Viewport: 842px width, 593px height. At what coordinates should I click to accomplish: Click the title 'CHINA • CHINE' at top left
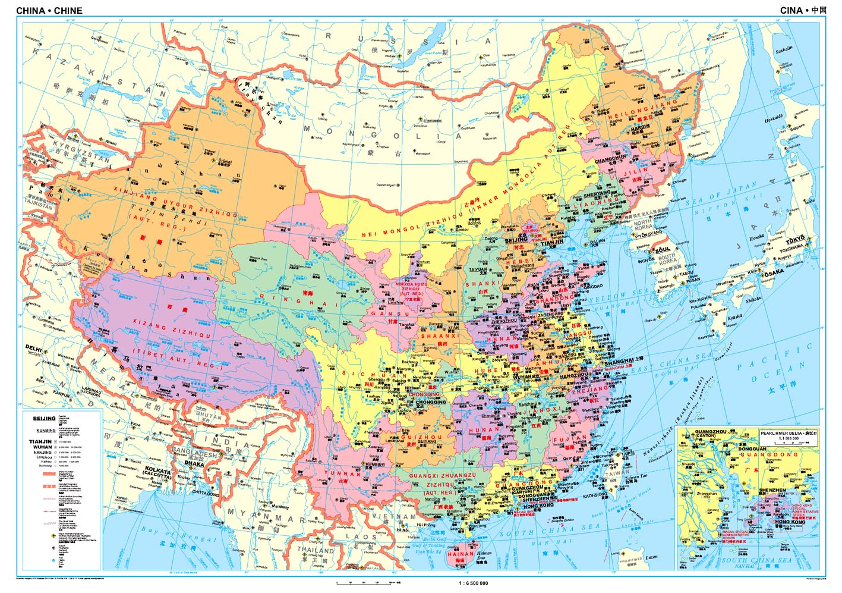[49, 11]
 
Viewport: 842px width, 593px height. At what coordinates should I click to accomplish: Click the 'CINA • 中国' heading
[803, 10]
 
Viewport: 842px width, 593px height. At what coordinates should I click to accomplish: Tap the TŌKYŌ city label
[794, 241]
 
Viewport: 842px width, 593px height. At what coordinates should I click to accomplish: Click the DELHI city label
[33, 347]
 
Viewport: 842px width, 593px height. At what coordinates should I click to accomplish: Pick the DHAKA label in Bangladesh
[194, 463]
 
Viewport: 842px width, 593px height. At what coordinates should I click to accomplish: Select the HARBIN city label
[641, 127]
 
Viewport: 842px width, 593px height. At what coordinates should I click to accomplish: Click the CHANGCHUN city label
[611, 160]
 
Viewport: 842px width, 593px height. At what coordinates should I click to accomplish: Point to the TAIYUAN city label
[478, 269]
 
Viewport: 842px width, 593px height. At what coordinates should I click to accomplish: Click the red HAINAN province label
[460, 553]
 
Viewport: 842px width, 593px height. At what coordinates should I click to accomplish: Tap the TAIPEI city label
[627, 453]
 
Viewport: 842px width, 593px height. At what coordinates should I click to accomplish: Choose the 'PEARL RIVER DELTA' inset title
[784, 434]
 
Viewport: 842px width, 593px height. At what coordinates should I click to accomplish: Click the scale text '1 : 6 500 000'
[474, 583]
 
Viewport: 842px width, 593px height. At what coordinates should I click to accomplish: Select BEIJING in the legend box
[44, 418]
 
